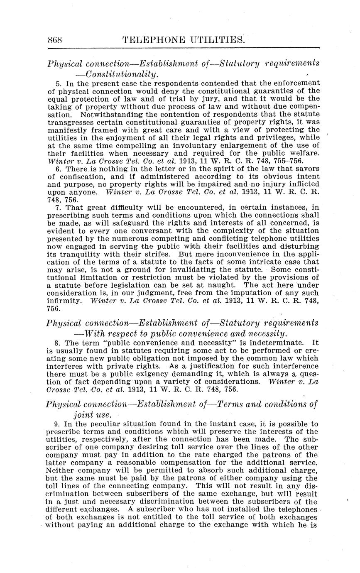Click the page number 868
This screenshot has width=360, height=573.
coord(55,40)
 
